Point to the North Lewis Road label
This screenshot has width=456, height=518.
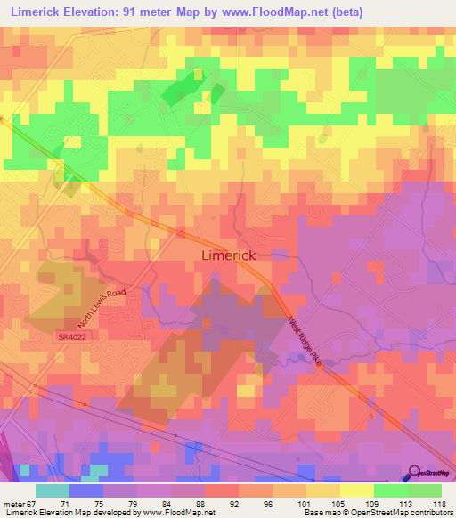[95, 308]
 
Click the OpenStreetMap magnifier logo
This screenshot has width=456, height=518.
[414, 473]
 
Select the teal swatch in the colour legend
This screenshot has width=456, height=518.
[52, 490]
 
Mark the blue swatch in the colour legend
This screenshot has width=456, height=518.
[85, 490]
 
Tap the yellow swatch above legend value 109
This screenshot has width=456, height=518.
[356, 490]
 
